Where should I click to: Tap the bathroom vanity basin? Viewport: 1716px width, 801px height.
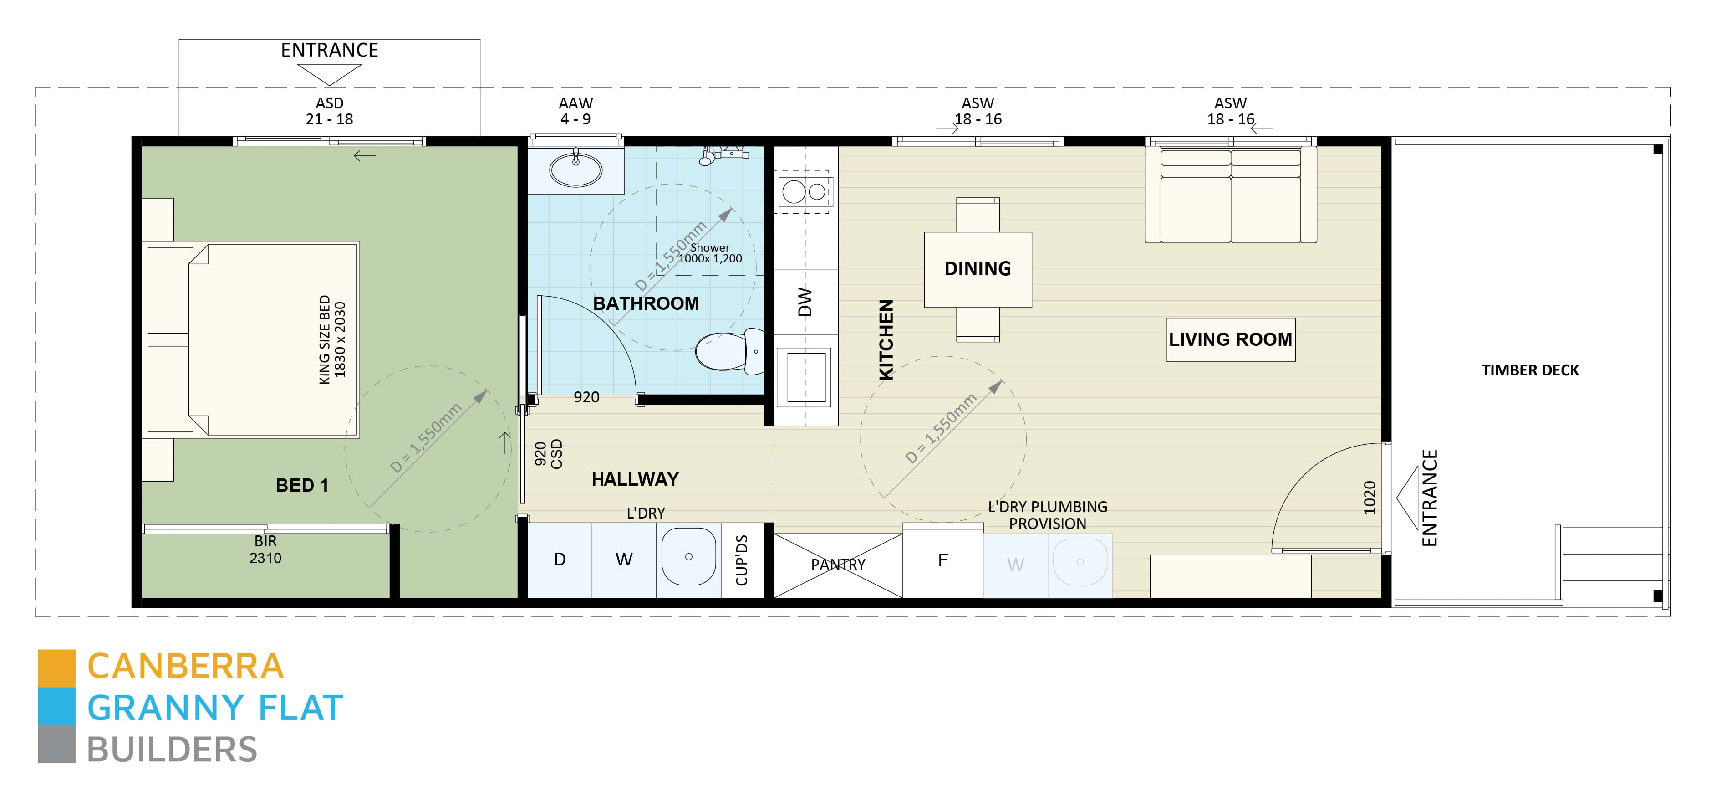pos(575,169)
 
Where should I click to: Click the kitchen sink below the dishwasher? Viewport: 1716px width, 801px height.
pos(806,377)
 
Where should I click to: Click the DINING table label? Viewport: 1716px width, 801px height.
pos(977,268)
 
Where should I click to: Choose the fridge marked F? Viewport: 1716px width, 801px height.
pos(942,560)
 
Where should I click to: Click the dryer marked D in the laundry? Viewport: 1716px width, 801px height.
pos(560,560)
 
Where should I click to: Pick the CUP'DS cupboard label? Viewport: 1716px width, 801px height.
pos(741,560)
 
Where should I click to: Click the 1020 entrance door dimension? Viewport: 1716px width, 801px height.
pos(1369,497)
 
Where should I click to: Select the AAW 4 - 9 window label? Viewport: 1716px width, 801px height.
pos(575,111)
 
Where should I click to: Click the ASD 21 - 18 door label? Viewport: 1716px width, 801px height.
pos(329,111)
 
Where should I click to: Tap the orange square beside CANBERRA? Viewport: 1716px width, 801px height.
pos(56,667)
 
